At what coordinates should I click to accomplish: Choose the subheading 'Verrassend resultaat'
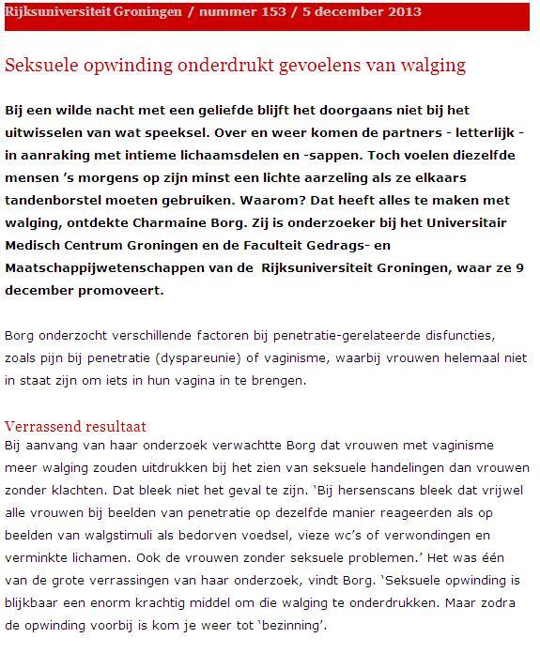tap(75, 427)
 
